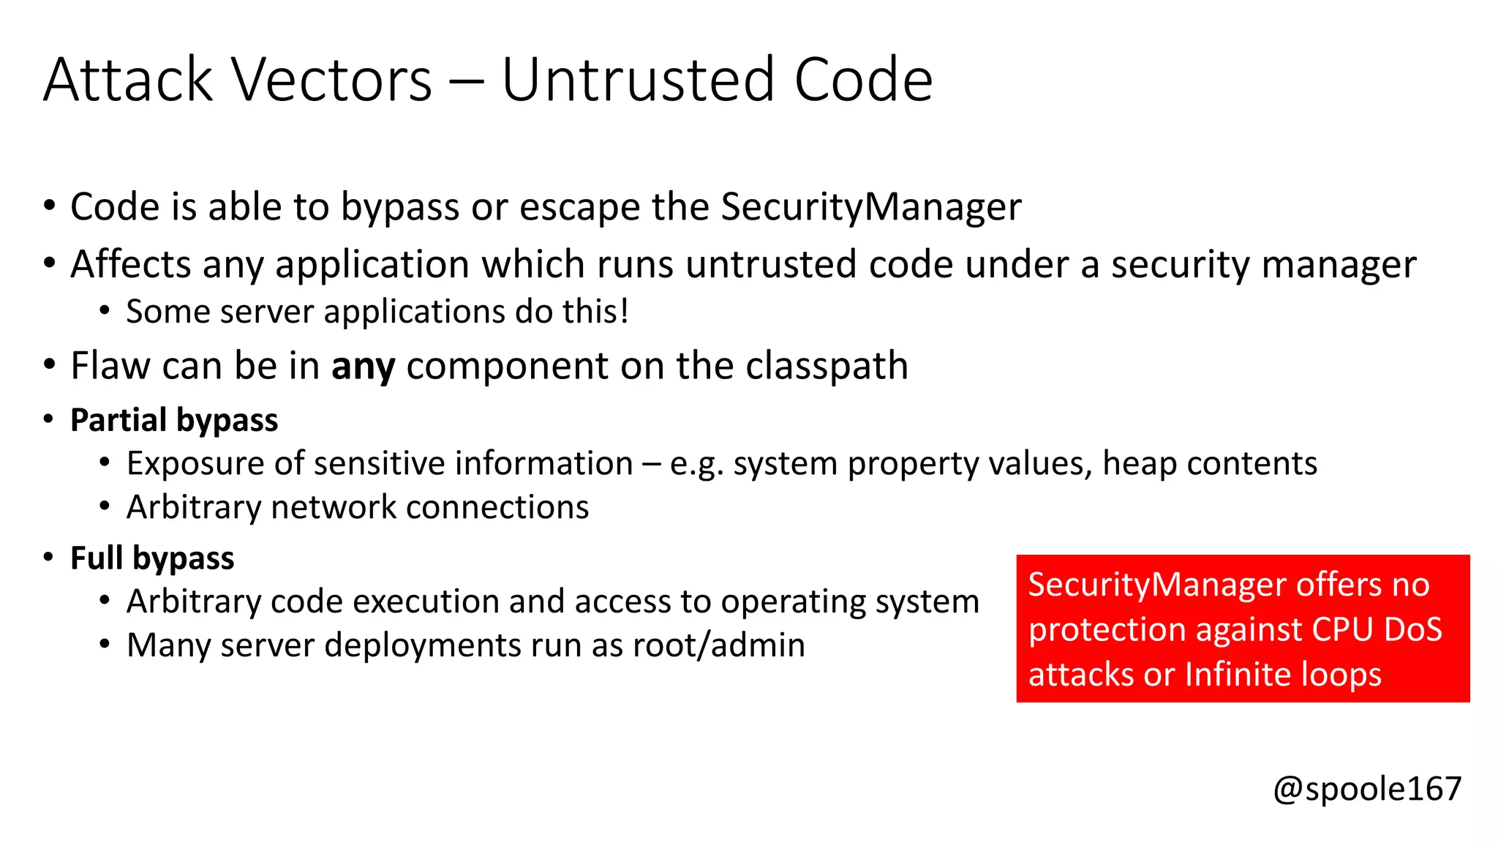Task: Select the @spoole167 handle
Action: [1367, 788]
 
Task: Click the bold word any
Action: [363, 366]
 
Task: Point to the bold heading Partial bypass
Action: [174, 420]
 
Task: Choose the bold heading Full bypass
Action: [152, 558]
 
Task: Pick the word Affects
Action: [131, 264]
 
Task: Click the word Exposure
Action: [195, 463]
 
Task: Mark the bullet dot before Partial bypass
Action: [49, 419]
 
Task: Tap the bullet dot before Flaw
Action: [49, 364]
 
